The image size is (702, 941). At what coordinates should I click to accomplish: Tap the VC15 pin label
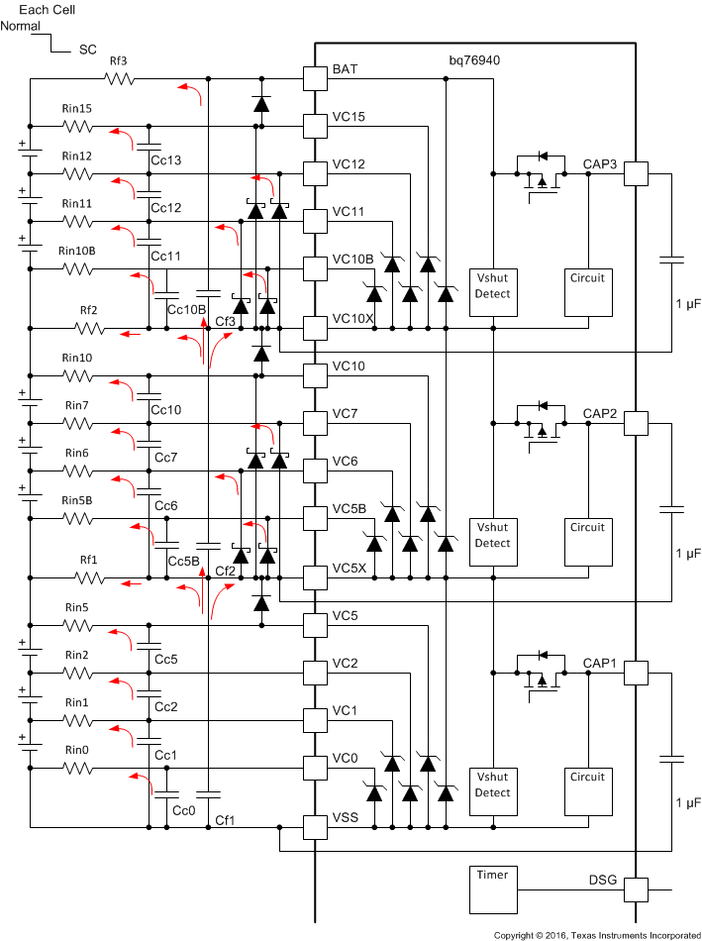(350, 117)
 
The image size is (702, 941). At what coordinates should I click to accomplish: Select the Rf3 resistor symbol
(119, 77)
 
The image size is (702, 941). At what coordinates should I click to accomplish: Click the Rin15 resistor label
(76, 109)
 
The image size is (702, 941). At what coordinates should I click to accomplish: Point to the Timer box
(493, 889)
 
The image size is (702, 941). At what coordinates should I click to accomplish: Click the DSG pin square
(635, 889)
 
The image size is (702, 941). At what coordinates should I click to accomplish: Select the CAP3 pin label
(600, 163)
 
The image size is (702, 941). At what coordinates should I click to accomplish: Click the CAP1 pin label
(600, 663)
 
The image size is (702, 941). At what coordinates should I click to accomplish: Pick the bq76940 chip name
(474, 60)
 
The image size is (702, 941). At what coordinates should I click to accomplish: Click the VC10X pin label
(353, 319)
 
